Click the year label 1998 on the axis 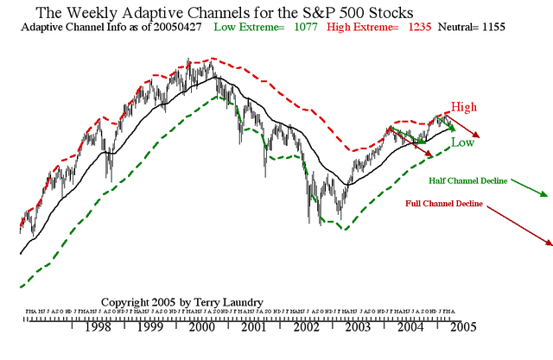click(x=97, y=329)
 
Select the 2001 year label click(x=253, y=329)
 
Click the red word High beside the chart click(x=463, y=107)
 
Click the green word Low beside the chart click(x=462, y=142)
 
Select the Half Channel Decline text click(x=467, y=181)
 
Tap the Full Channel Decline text click(x=443, y=205)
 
